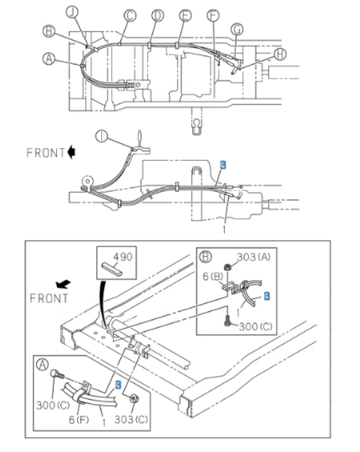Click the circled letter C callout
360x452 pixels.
point(130,15)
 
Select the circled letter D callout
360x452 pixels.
point(157,15)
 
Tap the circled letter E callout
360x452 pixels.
point(185,15)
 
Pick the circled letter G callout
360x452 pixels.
point(238,28)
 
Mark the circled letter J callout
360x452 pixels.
point(72,11)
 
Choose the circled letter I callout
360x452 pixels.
point(101,135)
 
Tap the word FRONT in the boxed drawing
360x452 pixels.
point(49,298)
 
